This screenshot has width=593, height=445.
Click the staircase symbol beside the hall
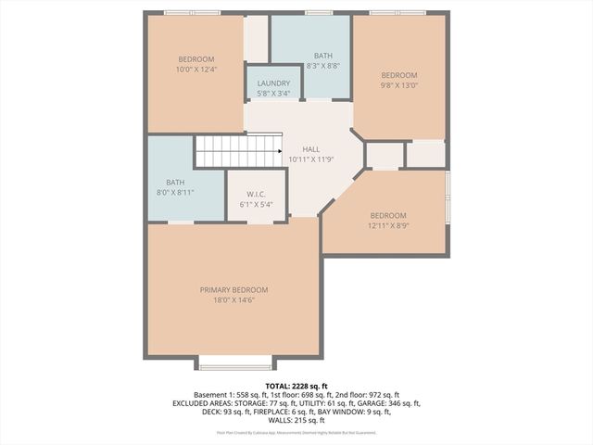click(237, 151)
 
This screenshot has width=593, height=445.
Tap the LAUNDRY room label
click(273, 83)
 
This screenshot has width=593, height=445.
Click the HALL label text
click(312, 148)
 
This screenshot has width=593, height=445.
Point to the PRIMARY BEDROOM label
click(233, 289)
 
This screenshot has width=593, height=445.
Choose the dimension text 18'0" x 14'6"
click(233, 299)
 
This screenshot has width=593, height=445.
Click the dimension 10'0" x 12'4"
click(196, 70)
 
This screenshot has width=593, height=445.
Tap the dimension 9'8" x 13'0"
click(399, 85)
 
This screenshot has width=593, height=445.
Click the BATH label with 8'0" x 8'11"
click(175, 182)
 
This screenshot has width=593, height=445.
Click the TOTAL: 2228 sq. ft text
click(296, 385)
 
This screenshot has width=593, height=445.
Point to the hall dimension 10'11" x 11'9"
click(312, 159)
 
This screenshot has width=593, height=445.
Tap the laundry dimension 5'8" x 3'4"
click(273, 93)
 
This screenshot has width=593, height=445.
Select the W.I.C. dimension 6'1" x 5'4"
click(256, 204)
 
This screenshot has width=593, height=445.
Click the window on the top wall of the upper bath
click(319, 13)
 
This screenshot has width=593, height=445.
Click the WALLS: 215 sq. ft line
click(296, 422)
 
